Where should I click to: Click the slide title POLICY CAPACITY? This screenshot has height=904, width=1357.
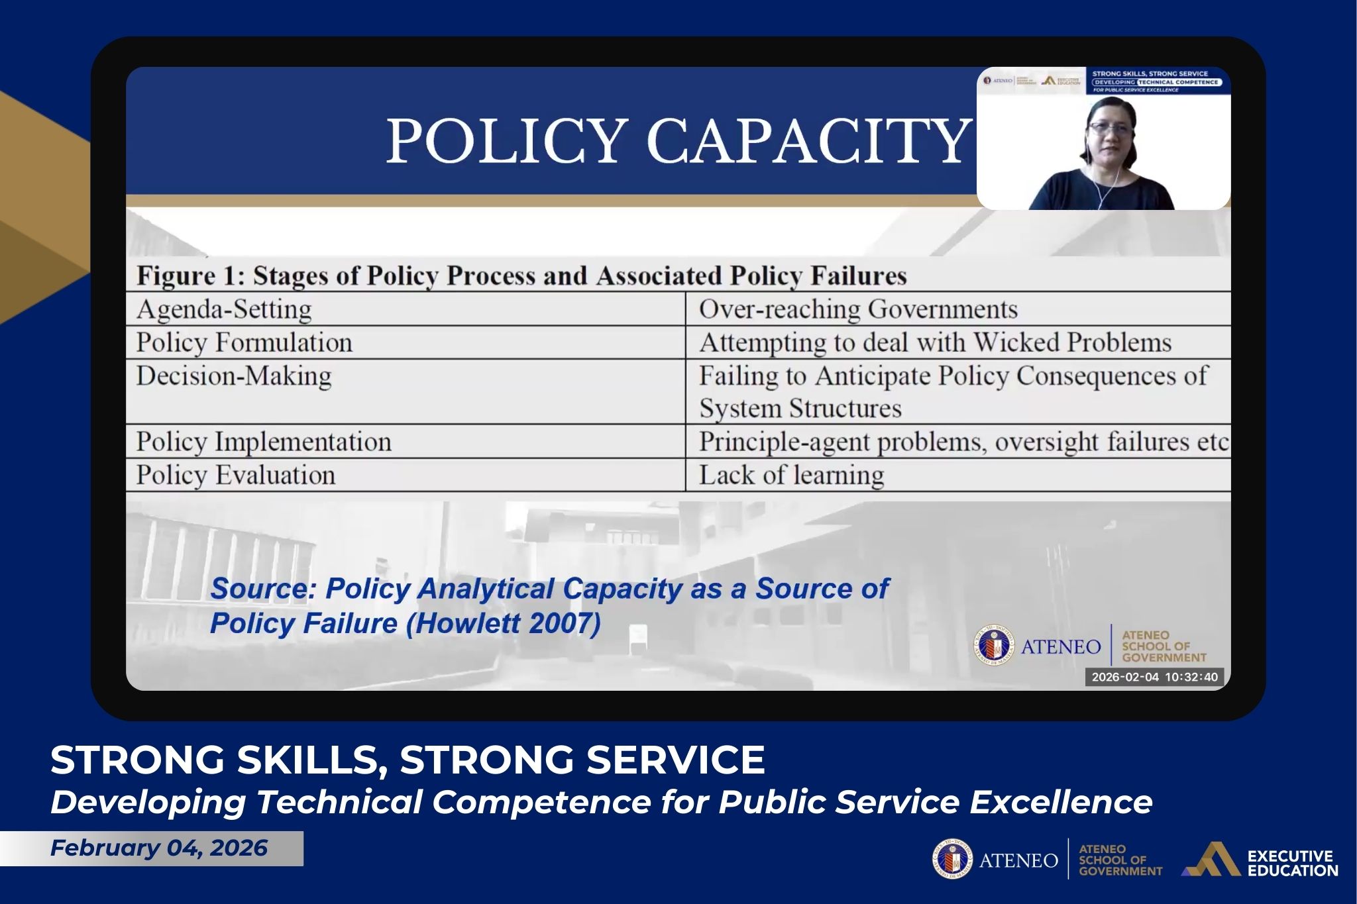677,140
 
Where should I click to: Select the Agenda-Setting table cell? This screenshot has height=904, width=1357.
224,309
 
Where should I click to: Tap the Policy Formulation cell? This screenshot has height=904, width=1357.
244,342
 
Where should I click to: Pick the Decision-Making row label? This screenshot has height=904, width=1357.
233,376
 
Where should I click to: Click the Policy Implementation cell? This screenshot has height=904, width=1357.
264,442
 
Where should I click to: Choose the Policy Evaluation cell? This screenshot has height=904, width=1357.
236,475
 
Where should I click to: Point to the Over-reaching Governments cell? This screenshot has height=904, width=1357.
858,309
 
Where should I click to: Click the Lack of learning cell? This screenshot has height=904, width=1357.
791,475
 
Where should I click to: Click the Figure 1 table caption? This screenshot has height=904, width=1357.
521,276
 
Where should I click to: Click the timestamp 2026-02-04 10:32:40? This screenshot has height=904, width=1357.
1154,677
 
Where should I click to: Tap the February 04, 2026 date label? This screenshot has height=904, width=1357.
158,848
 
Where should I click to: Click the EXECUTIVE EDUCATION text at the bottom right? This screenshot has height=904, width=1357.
1292,863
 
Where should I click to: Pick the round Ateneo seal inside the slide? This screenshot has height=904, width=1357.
994,646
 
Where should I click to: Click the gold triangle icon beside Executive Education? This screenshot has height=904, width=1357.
1212,860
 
